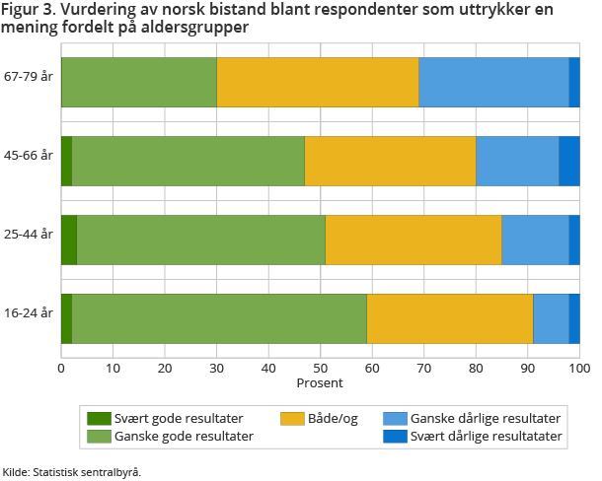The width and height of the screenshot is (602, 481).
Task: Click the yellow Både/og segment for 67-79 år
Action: click(x=318, y=82)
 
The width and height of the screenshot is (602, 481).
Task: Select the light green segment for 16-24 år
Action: click(x=219, y=317)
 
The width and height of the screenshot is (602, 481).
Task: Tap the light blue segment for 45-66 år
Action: click(x=517, y=161)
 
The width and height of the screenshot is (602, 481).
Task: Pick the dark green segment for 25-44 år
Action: click(x=68, y=239)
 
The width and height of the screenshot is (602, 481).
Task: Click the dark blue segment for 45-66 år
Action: click(x=569, y=161)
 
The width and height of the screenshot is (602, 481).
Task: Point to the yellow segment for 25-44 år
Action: click(x=414, y=239)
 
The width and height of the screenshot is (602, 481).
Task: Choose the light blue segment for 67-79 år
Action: click(x=493, y=82)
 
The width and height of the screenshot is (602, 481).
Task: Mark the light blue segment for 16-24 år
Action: click(x=551, y=317)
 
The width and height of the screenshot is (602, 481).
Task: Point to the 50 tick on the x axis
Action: click(x=320, y=368)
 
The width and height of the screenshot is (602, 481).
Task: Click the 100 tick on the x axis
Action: click(x=578, y=368)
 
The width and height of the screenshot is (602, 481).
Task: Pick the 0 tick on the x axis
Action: click(x=61, y=368)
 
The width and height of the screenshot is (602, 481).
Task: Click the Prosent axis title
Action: click(x=320, y=382)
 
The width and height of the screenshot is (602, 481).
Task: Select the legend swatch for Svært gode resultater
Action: click(x=99, y=418)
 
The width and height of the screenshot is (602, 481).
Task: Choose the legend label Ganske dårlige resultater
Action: click(x=486, y=418)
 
